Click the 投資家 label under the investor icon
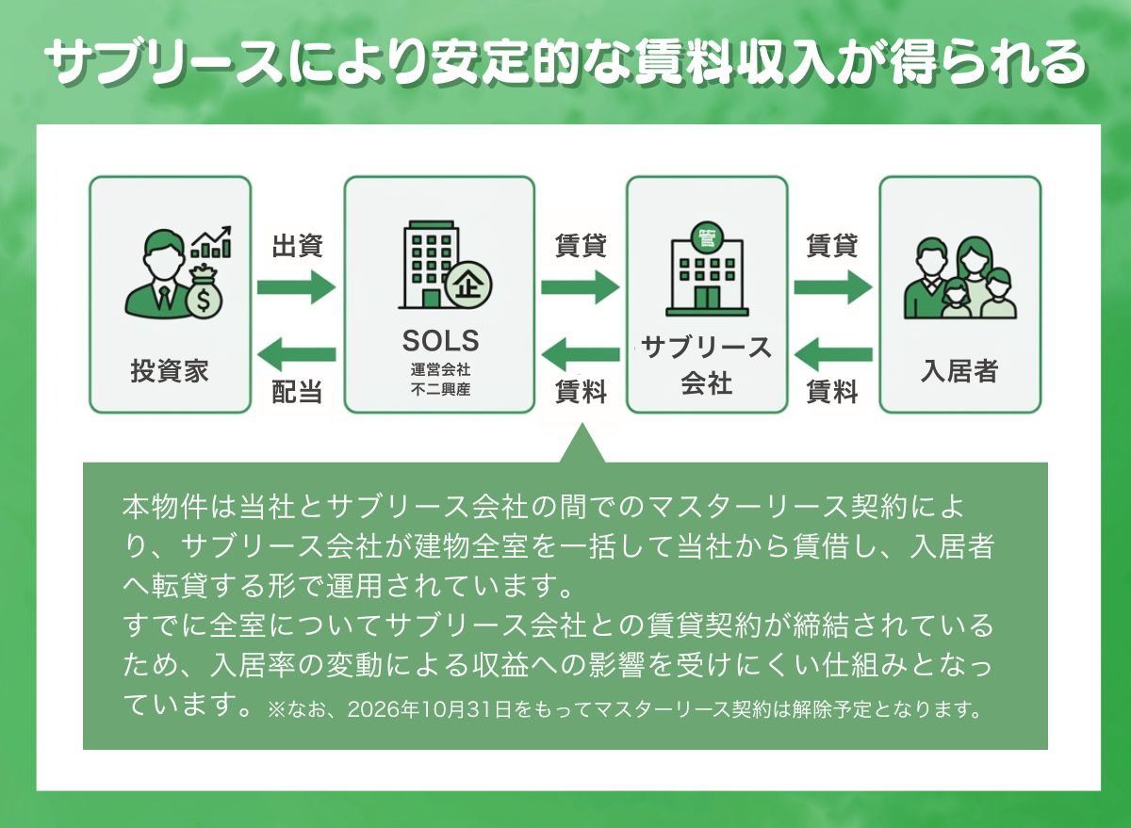pos(170,370)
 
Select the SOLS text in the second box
pos(440,339)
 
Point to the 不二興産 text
pos(440,388)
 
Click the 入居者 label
pos(959,370)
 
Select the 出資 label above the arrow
pos(298,247)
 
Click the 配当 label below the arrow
pos(298,392)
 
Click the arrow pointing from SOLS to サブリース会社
pos(580,286)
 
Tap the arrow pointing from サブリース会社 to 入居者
pos(832,286)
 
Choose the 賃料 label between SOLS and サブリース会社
pos(581,392)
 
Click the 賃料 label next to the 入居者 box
pos(832,392)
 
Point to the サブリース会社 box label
pos(706,365)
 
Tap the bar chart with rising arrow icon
pos(212,242)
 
